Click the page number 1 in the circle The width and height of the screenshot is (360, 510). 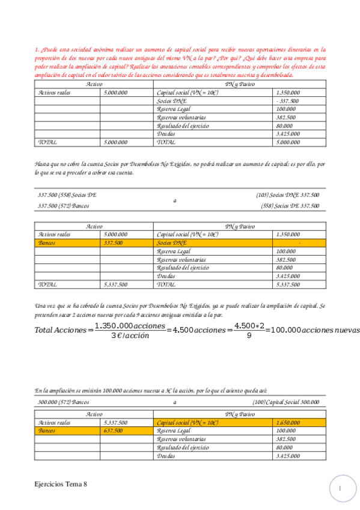click(x=340, y=489)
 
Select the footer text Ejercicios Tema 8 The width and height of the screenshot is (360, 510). click(x=64, y=484)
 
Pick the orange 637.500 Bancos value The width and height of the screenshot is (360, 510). click(x=114, y=431)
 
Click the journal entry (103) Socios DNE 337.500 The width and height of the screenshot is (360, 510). click(x=287, y=195)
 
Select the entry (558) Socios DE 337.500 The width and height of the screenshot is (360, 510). click(x=290, y=206)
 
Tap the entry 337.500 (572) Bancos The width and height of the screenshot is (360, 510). click(x=63, y=206)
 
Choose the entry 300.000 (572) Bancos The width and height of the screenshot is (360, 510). click(x=63, y=402)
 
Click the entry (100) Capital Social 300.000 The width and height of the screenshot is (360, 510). click(x=286, y=402)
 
